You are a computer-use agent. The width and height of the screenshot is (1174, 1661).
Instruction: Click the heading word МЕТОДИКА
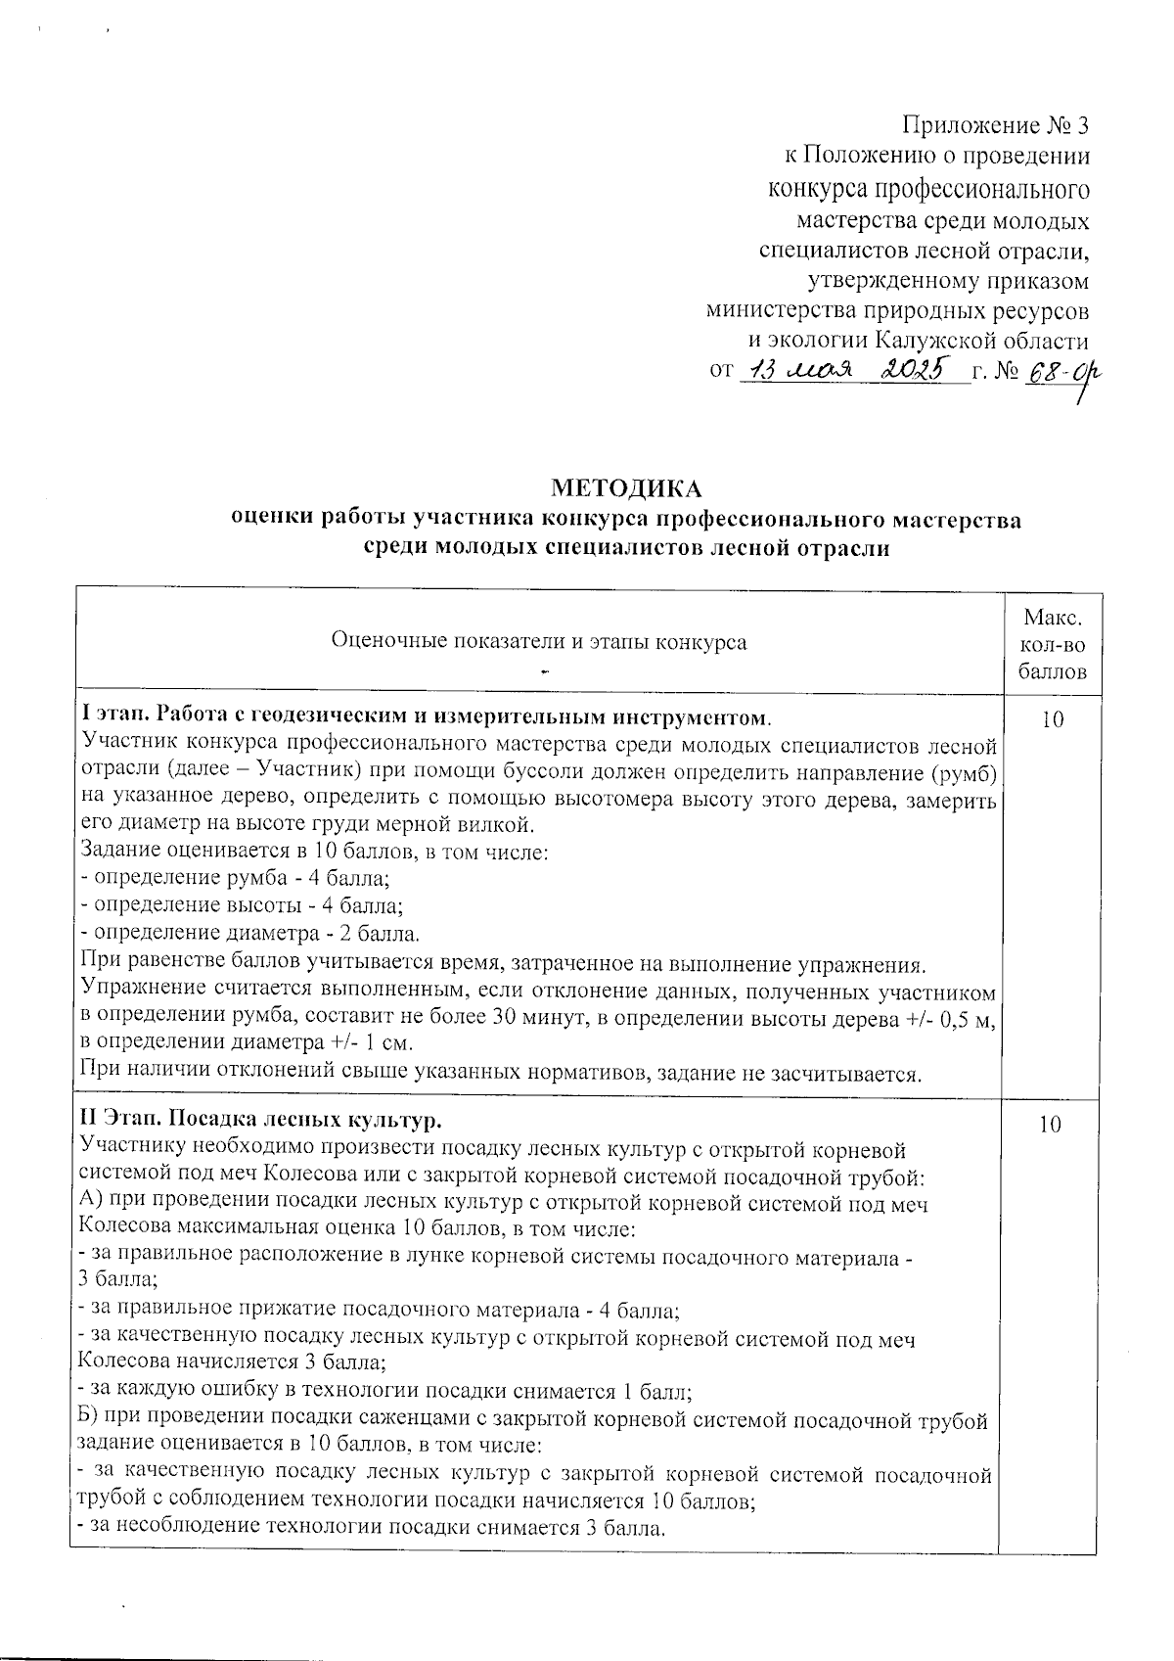[627, 487]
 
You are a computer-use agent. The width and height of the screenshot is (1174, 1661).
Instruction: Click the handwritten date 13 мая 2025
[848, 370]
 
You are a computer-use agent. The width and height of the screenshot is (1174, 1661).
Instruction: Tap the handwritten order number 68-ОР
[1058, 373]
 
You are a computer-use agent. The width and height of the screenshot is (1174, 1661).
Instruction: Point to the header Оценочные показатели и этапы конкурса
[539, 642]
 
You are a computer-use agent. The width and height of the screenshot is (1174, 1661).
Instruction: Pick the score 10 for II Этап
[1051, 1126]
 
